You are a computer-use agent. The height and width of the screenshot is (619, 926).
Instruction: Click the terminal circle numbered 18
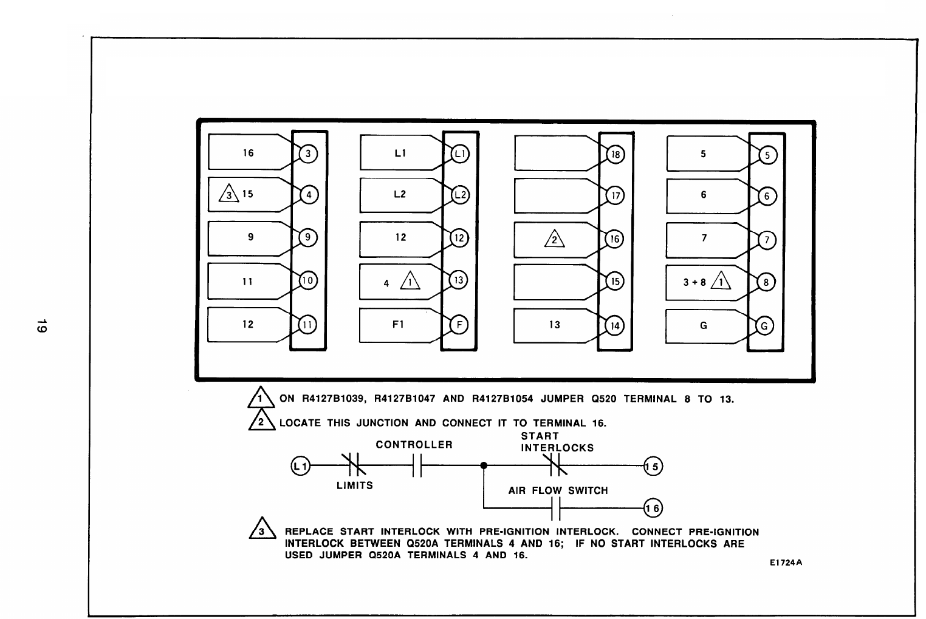pos(615,154)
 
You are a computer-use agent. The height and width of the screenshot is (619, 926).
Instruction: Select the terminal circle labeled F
pos(459,325)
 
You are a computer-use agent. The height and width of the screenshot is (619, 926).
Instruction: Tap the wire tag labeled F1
pos(398,325)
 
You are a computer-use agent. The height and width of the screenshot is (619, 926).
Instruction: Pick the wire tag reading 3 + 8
pos(704,282)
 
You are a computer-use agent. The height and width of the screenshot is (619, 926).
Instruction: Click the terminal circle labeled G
pos(764,326)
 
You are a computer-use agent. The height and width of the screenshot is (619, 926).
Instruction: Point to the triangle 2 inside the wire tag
pos(554,240)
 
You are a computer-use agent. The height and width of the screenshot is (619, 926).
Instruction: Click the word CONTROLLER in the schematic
pos(414,445)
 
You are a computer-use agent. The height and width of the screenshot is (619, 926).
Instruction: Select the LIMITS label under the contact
pos(355,485)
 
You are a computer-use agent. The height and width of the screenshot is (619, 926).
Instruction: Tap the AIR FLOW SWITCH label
pos(558,490)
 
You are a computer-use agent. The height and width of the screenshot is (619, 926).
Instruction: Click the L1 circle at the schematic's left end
pos(300,466)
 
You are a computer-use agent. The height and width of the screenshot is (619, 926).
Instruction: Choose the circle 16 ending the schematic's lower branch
pos(653,508)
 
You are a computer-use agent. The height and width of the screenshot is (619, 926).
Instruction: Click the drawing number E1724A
pos(786,563)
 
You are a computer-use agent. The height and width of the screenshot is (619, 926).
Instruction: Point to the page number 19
pos(40,325)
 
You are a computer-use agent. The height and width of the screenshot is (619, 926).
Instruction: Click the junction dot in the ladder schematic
pos(483,466)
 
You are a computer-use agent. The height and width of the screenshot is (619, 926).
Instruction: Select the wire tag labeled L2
pos(399,195)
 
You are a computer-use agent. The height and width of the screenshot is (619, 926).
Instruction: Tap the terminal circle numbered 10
pos(308,280)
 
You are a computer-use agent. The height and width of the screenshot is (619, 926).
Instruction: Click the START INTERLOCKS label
pos(557,442)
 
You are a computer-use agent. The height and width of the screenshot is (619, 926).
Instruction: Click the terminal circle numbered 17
pos(615,196)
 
